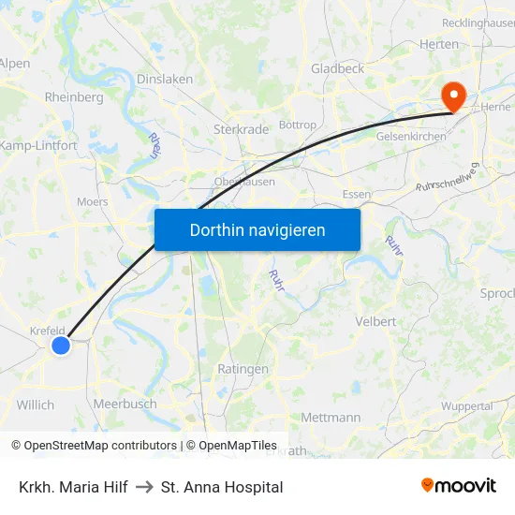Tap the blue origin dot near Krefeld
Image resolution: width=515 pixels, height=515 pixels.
pos(61,346)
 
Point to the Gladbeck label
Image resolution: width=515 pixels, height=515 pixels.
pos(337,68)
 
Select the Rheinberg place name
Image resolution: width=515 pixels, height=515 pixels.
pos(74,97)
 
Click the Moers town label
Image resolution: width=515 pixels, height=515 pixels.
pos(92,201)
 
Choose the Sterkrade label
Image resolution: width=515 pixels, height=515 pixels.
pos(242,129)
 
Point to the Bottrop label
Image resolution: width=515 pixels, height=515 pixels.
pos(298,125)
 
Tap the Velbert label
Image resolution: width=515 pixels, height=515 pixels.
pos(376,321)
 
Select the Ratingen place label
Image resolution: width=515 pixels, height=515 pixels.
pos(243,369)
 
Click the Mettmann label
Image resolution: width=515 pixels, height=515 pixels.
pos(331,417)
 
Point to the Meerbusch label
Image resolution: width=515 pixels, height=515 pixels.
pos(125,404)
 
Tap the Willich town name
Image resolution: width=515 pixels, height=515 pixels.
pos(36,405)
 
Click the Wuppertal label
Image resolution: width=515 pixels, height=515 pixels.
pos(466,406)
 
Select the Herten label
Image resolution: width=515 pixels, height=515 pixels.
pos(438,44)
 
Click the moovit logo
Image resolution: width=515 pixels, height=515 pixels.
pos(459,485)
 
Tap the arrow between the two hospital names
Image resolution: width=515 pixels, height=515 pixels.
pos(144,487)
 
